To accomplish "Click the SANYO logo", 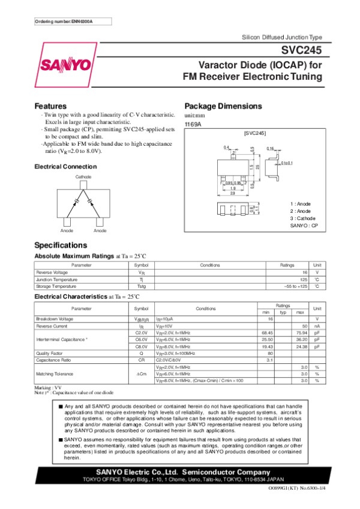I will pyautogui.click(x=66, y=64).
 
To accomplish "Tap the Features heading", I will pyautogui.click(x=50, y=106).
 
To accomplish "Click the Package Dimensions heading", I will pyautogui.click(x=223, y=106).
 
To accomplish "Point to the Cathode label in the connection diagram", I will pyautogui.click(x=83, y=178).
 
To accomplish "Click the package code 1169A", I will pyautogui.click(x=193, y=124).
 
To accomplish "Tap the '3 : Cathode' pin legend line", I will pyautogui.click(x=302, y=218).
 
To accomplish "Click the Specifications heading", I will pyautogui.click(x=61, y=245).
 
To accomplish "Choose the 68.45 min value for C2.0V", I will pyautogui.click(x=268, y=332).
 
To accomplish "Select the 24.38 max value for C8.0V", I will pyautogui.click(x=301, y=347).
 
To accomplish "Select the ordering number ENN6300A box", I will pyautogui.click(x=69, y=22).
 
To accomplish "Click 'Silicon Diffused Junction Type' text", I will pyautogui.click(x=282, y=37).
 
